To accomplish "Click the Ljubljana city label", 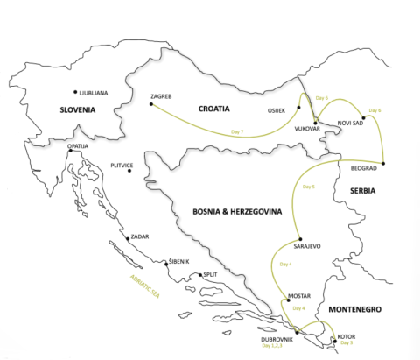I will [94, 92].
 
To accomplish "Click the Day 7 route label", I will [237, 131].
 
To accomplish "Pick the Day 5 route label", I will [308, 187].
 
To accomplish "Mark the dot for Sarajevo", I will [300, 239].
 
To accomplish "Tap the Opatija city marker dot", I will [69, 151].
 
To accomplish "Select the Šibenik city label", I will [178, 261].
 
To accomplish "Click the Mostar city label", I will [298, 295].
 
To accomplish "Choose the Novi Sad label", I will [350, 124].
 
